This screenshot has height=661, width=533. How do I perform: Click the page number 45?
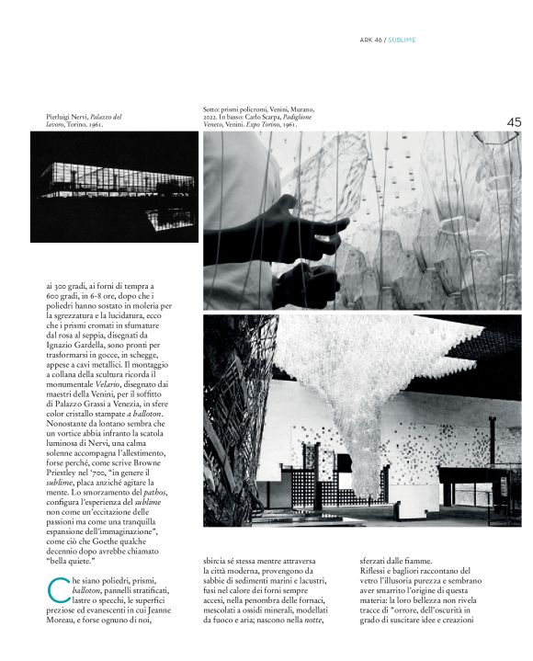[x=513, y=120]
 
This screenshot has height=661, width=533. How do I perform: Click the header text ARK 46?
[x=370, y=40]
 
